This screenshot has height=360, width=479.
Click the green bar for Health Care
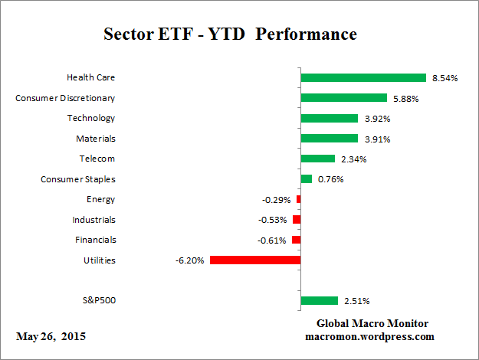pos(363,77)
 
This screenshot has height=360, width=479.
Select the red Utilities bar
pos(254,260)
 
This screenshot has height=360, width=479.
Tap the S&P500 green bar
pos(319,300)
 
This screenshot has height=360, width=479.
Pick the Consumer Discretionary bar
pos(343,98)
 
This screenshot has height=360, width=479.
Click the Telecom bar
pos(317,159)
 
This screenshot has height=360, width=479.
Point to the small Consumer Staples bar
pos(306,179)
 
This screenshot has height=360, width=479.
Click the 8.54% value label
pos(445,78)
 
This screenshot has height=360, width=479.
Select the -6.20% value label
pos(190,260)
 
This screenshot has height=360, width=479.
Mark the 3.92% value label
pos(376,119)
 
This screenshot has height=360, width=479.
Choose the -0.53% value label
pos(274,220)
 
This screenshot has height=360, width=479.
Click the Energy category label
pos(100,199)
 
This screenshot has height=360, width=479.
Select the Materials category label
pos(96,139)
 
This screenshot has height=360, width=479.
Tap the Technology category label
pos(91,118)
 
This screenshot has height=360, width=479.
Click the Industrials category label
pos(94,220)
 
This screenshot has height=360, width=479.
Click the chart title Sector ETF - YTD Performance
pos(230,35)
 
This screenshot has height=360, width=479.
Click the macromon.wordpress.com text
pos(369,336)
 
